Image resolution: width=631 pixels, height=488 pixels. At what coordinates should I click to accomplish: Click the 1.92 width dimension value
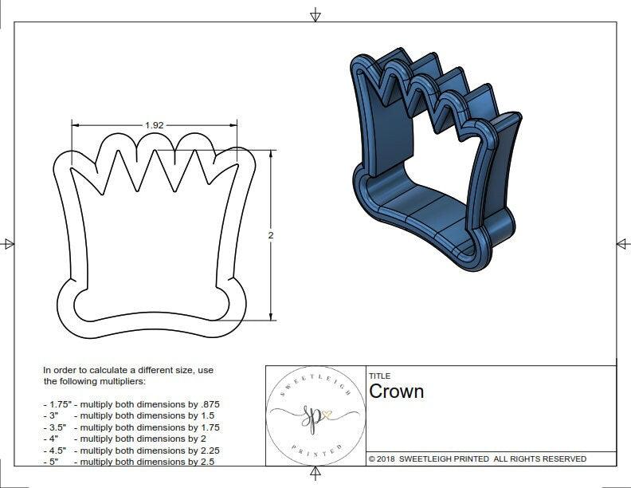[x=155, y=125]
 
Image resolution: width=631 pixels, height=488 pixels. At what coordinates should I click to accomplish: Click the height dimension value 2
[x=271, y=235]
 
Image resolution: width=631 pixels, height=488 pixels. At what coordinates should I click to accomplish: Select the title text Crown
[x=396, y=392]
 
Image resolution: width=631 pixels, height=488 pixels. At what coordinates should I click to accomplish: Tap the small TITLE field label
[x=379, y=376]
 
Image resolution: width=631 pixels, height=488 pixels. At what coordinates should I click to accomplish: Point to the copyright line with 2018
[x=477, y=458]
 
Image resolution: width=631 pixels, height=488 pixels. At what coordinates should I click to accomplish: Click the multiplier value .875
[x=205, y=404]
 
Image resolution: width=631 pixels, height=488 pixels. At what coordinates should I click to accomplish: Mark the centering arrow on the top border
[x=315, y=14]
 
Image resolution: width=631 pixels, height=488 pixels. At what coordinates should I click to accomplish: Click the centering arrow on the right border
[x=622, y=243]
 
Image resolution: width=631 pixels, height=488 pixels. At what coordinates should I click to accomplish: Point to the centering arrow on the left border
[x=9, y=243]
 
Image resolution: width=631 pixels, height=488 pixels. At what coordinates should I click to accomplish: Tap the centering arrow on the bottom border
[x=315, y=473]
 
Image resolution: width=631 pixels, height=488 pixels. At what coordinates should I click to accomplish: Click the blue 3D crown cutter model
[x=434, y=159]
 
